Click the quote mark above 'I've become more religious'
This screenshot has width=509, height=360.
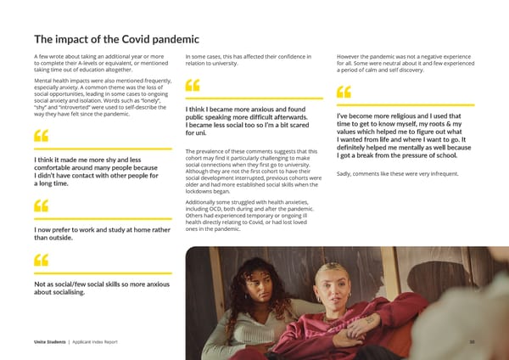(344, 92)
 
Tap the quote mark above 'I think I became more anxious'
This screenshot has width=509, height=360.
(192, 87)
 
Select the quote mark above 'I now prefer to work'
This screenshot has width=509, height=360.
(40, 206)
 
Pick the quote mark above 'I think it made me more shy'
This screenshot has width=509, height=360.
(40, 136)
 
